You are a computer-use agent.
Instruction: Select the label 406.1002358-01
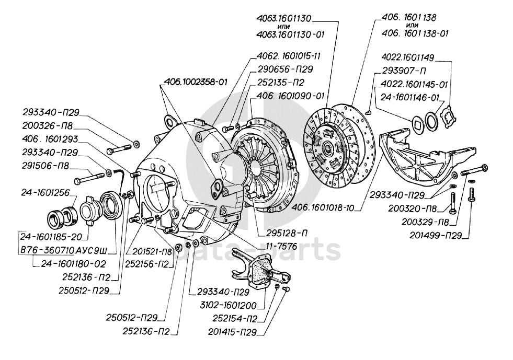[196, 82]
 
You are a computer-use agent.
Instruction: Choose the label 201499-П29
[435, 236]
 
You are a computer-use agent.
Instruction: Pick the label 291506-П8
[45, 169]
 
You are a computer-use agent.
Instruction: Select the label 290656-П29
[284, 69]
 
